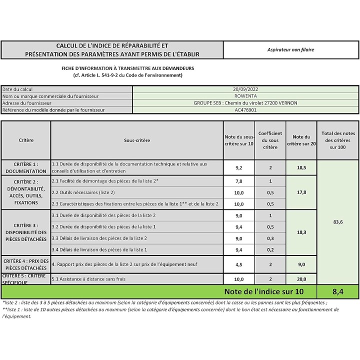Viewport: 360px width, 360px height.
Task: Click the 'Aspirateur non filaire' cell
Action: coord(291,49)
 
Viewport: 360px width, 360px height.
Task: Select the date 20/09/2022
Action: coord(245,89)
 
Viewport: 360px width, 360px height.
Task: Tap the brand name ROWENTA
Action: coord(245,96)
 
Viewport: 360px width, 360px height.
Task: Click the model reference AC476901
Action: coord(245,110)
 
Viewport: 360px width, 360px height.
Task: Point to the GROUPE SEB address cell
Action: coord(245,103)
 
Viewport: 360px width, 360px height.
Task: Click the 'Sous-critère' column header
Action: coord(136,140)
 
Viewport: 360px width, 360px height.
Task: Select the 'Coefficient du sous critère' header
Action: coord(270,140)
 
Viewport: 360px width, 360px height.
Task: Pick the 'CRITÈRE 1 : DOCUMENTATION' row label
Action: coord(26,167)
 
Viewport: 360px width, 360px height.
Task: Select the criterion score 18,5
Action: coord(301,168)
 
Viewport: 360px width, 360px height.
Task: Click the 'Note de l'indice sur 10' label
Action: coord(263,291)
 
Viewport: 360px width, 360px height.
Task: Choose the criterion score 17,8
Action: coord(301,192)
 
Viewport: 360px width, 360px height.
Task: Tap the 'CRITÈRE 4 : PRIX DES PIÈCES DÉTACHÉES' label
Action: coord(26,265)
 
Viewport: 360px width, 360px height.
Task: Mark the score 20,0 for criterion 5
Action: coord(301,279)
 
